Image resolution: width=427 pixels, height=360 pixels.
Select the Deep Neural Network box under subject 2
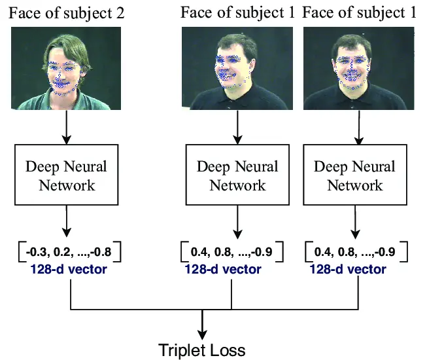(x=67, y=175)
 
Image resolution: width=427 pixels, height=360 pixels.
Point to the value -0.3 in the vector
(x=36, y=251)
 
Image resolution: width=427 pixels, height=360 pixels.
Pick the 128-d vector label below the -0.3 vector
(x=67, y=268)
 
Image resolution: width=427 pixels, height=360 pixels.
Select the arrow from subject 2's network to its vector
(x=66, y=222)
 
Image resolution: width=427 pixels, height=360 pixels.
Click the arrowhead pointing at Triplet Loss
(x=203, y=333)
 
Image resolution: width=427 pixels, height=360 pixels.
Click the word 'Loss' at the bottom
(x=228, y=350)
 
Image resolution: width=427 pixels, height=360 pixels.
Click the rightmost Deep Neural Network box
(x=354, y=175)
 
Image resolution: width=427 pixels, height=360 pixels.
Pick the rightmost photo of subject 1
(x=358, y=68)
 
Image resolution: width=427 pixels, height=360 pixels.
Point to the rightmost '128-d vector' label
(x=347, y=269)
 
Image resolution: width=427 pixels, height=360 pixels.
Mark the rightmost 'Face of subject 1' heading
(x=358, y=12)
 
